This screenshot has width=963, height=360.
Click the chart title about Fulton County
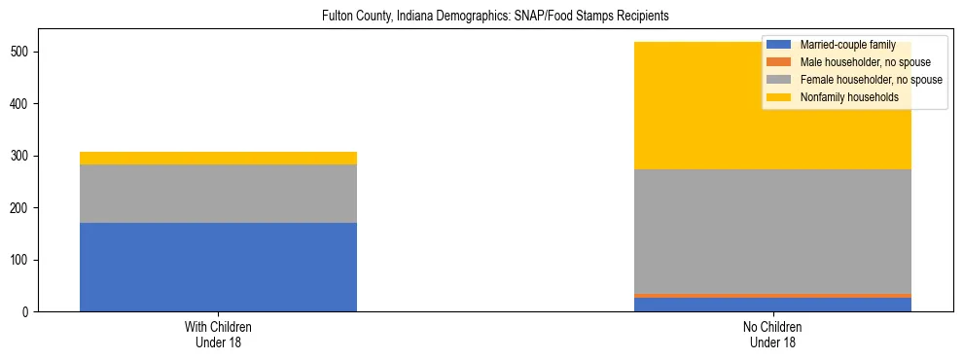click(495, 17)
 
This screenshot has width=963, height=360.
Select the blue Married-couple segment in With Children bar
click(218, 267)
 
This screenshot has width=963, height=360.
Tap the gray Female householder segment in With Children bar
click(218, 194)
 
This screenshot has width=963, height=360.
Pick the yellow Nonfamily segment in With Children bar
click(218, 158)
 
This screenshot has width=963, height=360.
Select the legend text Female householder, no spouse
click(871, 80)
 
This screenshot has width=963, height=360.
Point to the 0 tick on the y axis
click(27, 312)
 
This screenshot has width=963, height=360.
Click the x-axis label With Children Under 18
click(218, 335)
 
